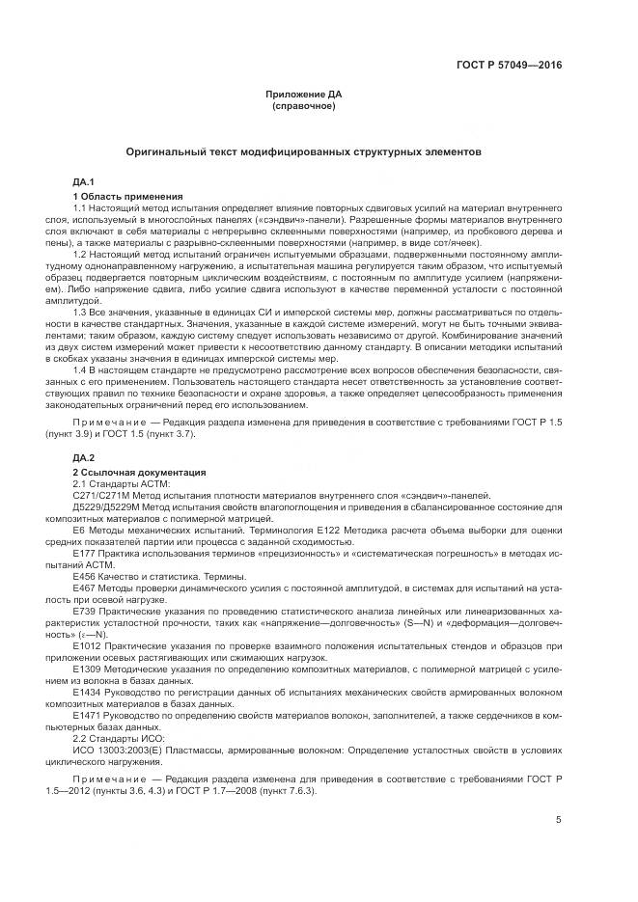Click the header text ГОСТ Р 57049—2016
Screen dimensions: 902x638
tap(509, 66)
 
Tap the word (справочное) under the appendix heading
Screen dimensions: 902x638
tap(303, 105)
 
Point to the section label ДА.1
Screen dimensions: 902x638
tap(83, 181)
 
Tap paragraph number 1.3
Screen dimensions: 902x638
tap(80, 314)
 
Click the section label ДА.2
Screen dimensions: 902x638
tap(83, 456)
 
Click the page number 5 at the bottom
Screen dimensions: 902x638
tap(558, 820)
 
